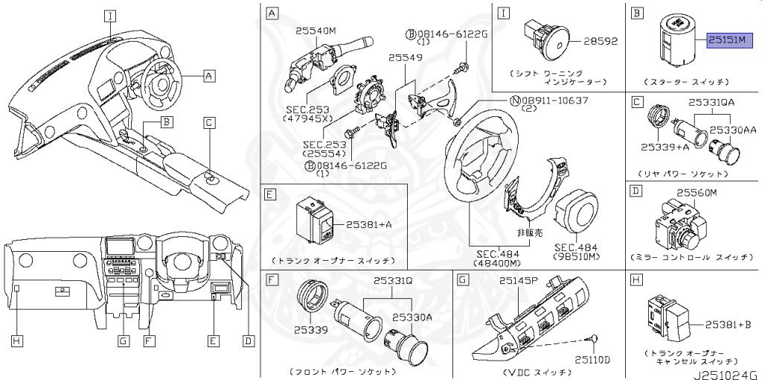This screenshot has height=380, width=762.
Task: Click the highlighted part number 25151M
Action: point(730,39)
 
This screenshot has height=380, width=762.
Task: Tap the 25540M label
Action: point(316,31)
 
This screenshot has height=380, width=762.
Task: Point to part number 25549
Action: point(404,57)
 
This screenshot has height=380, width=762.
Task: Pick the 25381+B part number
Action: point(723,324)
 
